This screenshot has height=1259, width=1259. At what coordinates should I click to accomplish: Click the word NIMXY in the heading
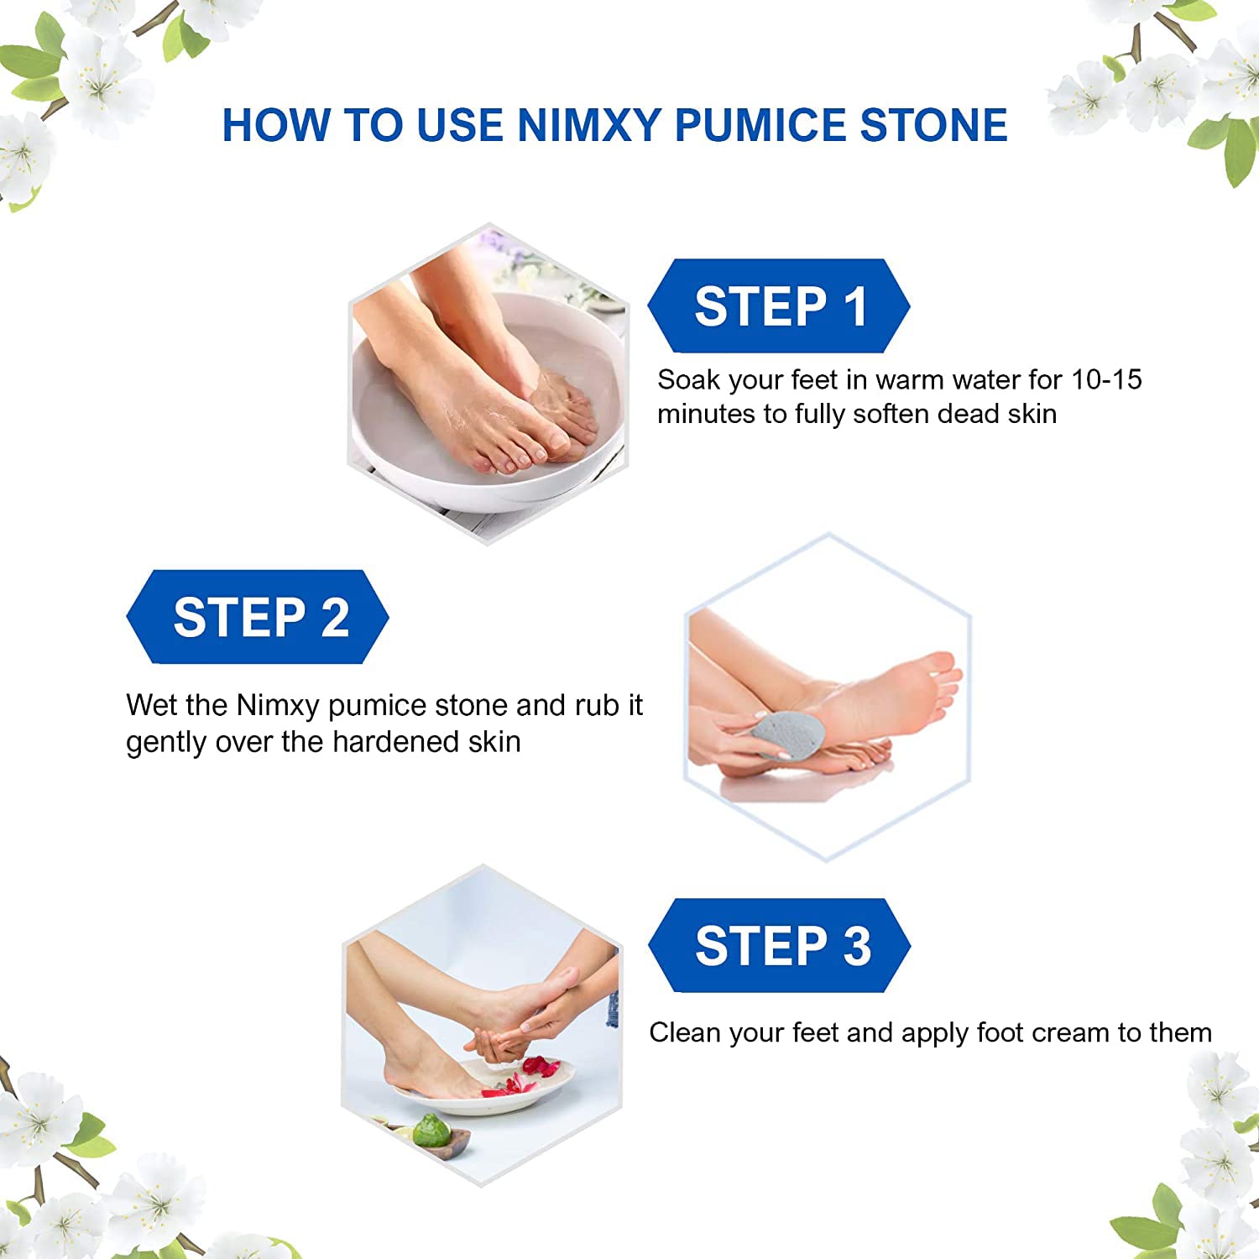[x=589, y=125]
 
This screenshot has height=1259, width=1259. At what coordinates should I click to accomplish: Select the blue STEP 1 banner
[x=779, y=306]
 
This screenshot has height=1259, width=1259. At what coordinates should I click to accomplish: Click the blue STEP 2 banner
[x=258, y=617]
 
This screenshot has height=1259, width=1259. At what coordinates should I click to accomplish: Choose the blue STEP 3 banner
[x=780, y=945]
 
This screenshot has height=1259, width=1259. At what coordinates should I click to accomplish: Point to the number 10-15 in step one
[x=1107, y=379]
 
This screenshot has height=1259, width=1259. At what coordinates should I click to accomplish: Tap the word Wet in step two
[x=151, y=705]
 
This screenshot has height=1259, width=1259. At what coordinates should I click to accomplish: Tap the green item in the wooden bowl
[x=431, y=1131]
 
